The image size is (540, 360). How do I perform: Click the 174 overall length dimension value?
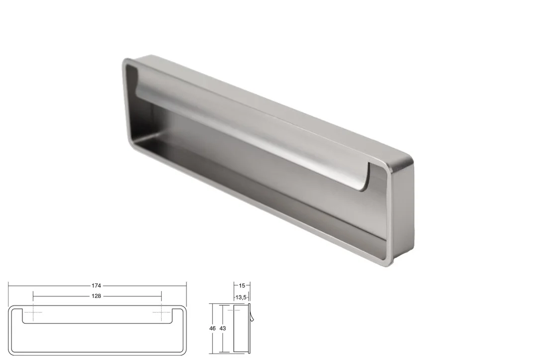(x=96, y=285)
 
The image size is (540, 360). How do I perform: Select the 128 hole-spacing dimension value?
(x=96, y=296)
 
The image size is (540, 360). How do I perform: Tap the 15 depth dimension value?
(x=242, y=285)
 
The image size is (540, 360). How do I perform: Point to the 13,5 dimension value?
(x=241, y=297)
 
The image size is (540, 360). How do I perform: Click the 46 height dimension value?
(x=212, y=328)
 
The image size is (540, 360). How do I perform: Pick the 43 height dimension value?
(x=222, y=328)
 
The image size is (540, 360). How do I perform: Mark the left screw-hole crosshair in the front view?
(x=33, y=312)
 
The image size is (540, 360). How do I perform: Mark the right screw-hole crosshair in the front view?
(x=162, y=312)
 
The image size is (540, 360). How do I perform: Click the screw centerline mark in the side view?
(x=234, y=310)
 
